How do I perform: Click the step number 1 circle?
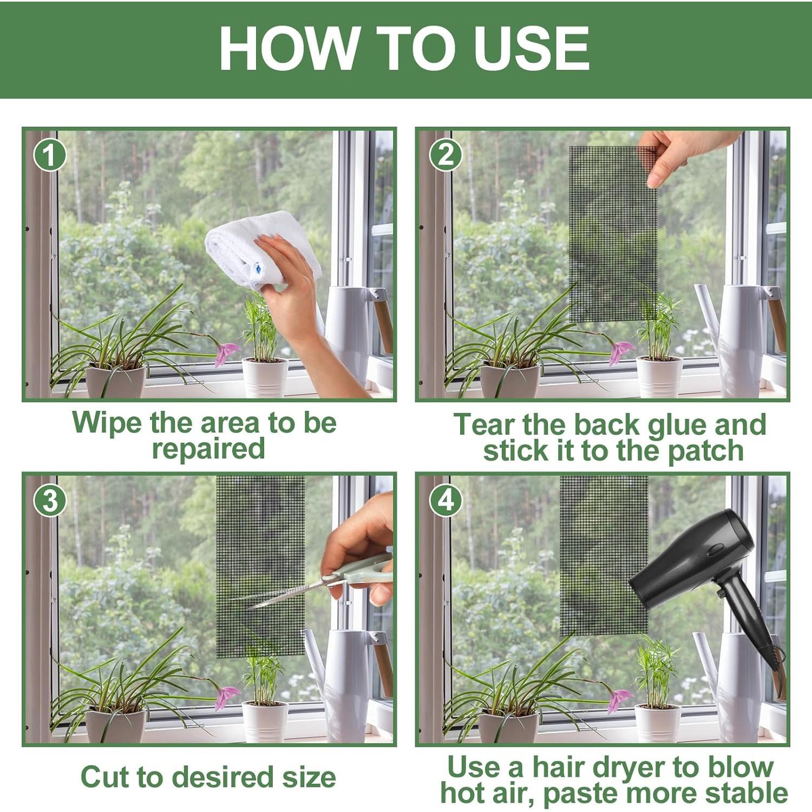point(50,155)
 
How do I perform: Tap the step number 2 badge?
point(446,155)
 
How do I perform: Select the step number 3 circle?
point(50,501)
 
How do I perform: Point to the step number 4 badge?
point(446,501)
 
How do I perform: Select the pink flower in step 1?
point(227,353)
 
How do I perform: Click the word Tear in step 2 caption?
point(484,424)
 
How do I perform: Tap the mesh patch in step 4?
point(604,555)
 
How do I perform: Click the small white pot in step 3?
point(265,721)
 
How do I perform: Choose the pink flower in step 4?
point(619,700)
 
